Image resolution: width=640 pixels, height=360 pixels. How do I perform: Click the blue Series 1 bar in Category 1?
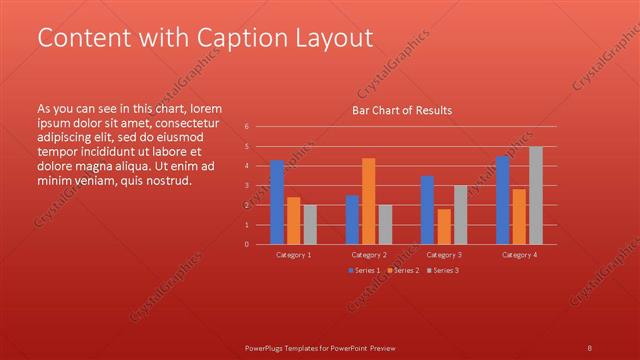pyautogui.click(x=277, y=202)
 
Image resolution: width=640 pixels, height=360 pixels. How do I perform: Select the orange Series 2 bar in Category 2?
pyautogui.click(x=368, y=201)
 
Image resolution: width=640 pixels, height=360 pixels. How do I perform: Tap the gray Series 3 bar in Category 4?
pyautogui.click(x=536, y=195)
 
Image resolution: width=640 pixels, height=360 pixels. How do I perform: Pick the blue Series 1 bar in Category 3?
pyautogui.click(x=427, y=210)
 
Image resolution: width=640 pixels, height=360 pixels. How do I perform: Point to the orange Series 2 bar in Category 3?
pyautogui.click(x=444, y=226)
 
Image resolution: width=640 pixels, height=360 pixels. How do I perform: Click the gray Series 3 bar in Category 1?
pyautogui.click(x=310, y=224)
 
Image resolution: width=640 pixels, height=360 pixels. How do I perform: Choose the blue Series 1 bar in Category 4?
pyautogui.click(x=502, y=200)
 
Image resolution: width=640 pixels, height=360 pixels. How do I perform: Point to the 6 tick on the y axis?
pyautogui.click(x=247, y=127)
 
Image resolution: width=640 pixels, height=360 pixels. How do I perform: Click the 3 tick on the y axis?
pyautogui.click(x=247, y=186)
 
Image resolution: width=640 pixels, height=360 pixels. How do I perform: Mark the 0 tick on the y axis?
pyautogui.click(x=247, y=244)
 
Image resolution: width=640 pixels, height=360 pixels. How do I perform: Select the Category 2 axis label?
pyautogui.click(x=369, y=255)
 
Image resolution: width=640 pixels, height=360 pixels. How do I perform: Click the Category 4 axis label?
pyautogui.click(x=519, y=255)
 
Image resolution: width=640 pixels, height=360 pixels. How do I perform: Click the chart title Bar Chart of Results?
pyautogui.click(x=402, y=110)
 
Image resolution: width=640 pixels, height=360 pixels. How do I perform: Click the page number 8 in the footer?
pyautogui.click(x=589, y=348)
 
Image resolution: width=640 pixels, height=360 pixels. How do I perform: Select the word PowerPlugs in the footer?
pyautogui.click(x=266, y=348)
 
